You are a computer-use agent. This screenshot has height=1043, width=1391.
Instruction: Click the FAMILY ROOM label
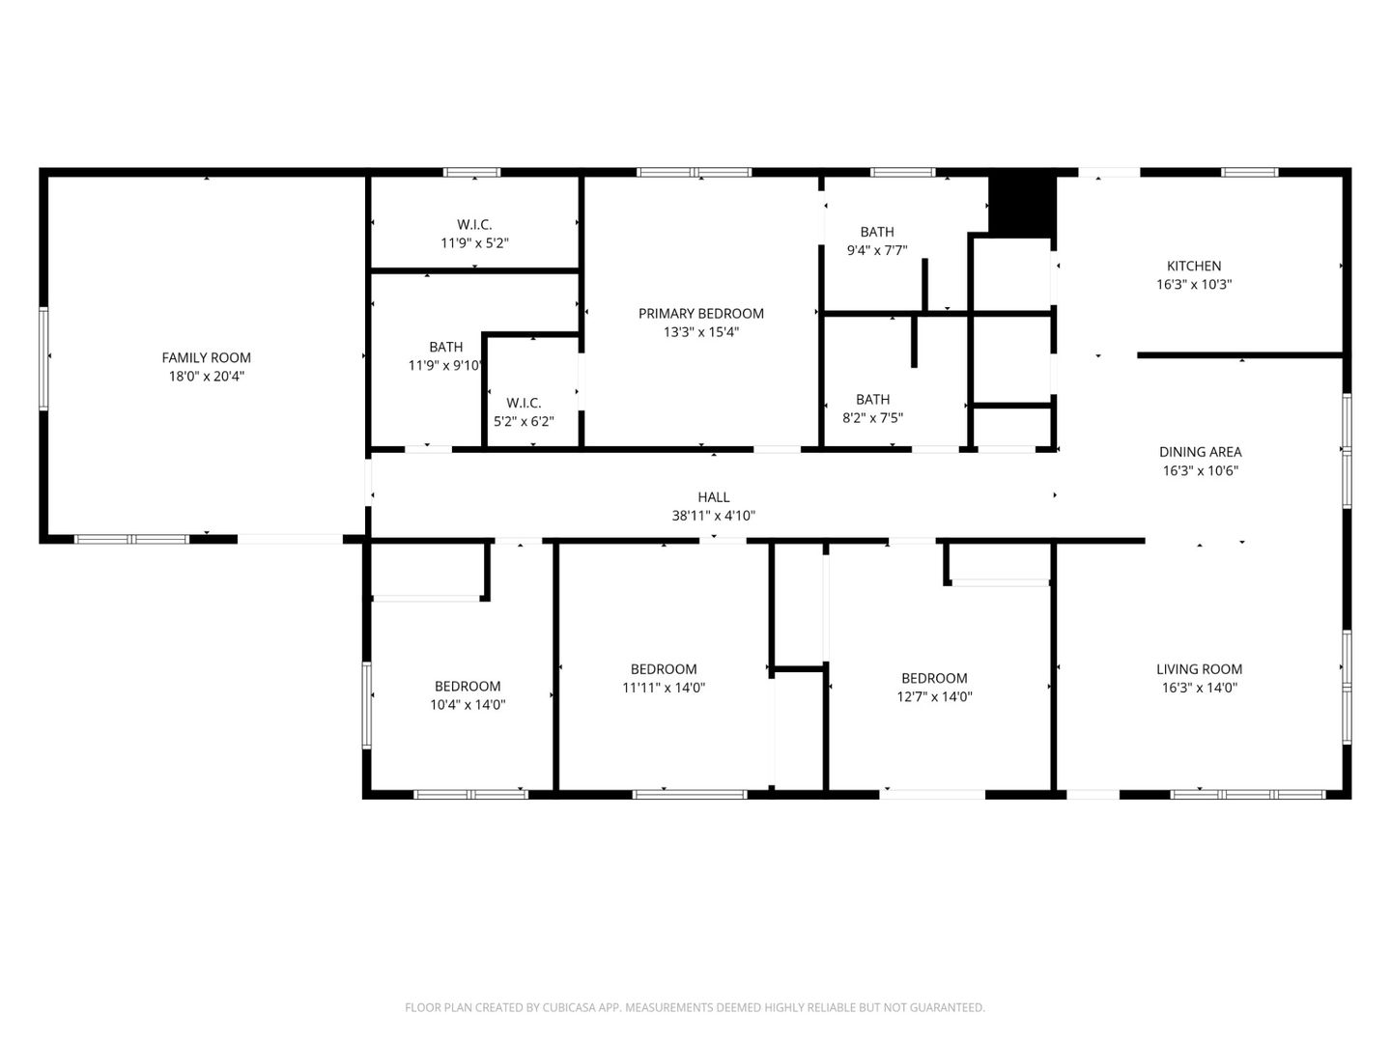point(206,357)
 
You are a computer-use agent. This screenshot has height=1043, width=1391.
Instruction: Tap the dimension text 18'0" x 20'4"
point(206,377)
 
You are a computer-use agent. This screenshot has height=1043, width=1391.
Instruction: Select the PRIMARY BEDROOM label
point(700,313)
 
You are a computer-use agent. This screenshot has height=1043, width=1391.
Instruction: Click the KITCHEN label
point(1194,266)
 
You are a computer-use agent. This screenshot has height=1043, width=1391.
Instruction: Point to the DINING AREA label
point(1200,452)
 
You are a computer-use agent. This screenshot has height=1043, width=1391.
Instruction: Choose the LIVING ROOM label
point(1199,668)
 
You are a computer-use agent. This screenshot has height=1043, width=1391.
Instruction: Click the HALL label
point(713,496)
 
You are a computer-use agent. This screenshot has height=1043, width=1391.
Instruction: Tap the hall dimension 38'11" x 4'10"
point(713,516)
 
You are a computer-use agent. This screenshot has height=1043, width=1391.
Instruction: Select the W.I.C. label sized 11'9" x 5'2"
point(474,224)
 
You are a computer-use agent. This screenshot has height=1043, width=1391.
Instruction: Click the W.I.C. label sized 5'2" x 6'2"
point(524,403)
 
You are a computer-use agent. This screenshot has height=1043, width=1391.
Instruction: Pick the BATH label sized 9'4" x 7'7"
point(876,232)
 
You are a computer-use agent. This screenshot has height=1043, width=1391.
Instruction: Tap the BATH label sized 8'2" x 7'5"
point(872,399)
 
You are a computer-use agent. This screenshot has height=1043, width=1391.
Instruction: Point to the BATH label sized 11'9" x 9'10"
point(445,347)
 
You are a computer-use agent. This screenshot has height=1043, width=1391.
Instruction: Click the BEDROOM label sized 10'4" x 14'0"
point(468,687)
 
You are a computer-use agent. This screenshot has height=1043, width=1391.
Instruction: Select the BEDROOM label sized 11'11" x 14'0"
point(664,668)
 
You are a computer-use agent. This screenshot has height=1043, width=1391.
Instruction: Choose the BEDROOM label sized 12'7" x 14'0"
point(934,678)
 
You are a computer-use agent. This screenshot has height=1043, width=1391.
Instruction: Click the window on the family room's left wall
point(43,357)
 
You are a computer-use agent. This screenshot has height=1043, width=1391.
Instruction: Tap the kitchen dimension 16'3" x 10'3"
point(1194,285)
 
